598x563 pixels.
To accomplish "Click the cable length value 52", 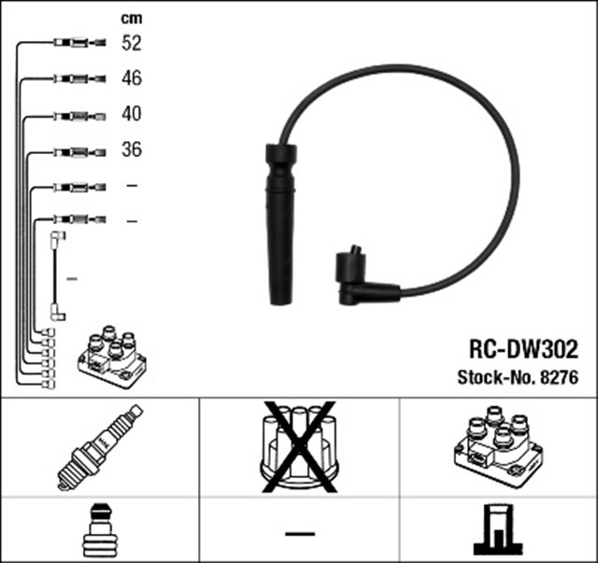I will [x=131, y=43].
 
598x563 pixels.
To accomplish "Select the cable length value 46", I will [x=131, y=78].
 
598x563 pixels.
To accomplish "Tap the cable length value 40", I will [x=131, y=114].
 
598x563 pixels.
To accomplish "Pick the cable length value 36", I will [x=131, y=149].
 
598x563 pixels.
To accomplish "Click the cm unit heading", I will [x=131, y=17].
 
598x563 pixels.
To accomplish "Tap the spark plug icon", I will [x=100, y=447].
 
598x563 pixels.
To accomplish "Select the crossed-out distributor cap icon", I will [x=299, y=447].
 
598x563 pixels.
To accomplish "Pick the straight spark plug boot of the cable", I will [x=280, y=224].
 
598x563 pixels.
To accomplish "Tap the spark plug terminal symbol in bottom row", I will [x=100, y=529].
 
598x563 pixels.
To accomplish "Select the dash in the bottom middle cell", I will [x=299, y=532].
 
